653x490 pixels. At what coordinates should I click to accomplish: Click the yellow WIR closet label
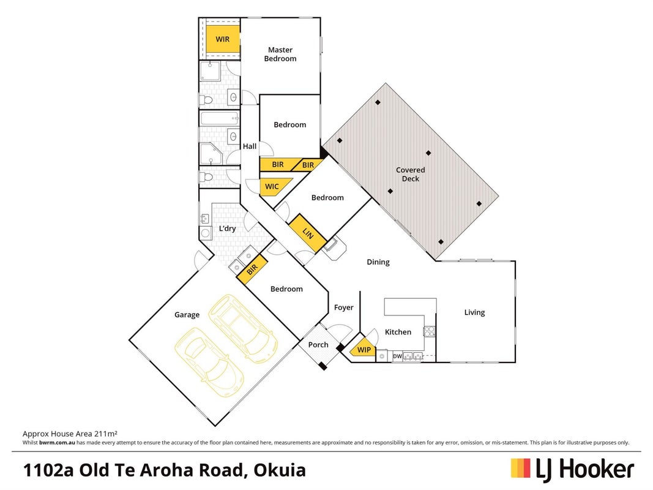(223, 39)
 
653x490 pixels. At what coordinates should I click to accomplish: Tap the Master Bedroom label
(280, 54)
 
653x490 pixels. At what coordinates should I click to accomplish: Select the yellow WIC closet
(274, 187)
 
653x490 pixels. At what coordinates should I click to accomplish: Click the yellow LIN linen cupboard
(308, 233)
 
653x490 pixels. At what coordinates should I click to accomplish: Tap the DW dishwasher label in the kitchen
(397, 356)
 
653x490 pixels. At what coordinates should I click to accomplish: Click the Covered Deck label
(411, 174)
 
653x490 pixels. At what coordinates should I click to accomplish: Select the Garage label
(187, 315)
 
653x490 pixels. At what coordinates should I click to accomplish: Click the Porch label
(318, 345)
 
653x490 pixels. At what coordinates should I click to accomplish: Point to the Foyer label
(343, 307)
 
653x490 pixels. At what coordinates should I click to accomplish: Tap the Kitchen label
(398, 331)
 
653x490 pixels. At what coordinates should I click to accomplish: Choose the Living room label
(475, 312)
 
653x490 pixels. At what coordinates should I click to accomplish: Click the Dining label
(378, 262)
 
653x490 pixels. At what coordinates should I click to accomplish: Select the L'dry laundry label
(228, 228)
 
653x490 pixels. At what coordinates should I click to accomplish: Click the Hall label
(250, 146)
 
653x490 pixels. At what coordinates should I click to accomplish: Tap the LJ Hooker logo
(573, 470)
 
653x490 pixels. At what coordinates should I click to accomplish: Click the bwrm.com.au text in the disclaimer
(57, 442)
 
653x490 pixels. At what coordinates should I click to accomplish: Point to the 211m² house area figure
(106, 434)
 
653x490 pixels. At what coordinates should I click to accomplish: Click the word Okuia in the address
(280, 470)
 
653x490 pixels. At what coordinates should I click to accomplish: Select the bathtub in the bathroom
(220, 119)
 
